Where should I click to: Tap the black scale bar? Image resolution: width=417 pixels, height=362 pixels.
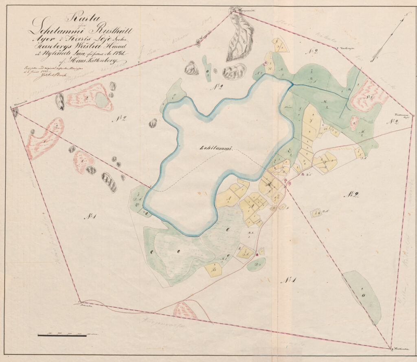pos(62,336)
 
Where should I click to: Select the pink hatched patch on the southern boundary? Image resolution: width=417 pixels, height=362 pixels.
pos(185,311)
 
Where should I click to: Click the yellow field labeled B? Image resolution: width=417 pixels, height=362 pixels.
pos(213,269)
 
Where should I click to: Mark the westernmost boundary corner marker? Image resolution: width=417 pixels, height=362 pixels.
pos(14,110)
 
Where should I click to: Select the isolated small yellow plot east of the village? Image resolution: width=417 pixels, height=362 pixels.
pos(316,212)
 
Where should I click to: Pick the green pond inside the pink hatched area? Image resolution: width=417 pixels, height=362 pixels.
pos(100,99)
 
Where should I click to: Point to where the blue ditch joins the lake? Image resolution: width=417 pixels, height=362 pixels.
pos(292,84)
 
